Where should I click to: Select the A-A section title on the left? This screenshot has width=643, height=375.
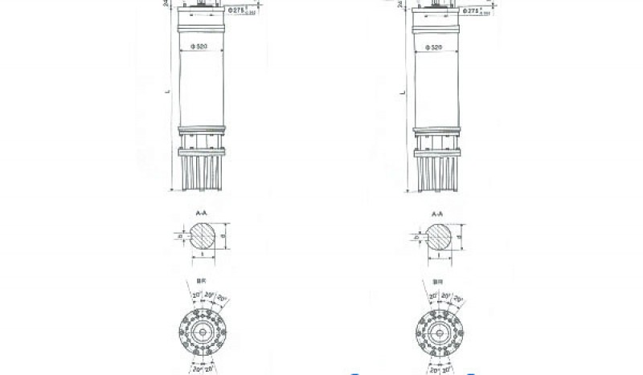(x=201, y=214)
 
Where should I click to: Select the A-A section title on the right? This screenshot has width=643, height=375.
(x=438, y=214)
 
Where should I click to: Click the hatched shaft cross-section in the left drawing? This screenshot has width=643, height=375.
(x=201, y=237)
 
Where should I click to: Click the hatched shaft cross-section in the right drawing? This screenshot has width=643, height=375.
(x=439, y=237)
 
